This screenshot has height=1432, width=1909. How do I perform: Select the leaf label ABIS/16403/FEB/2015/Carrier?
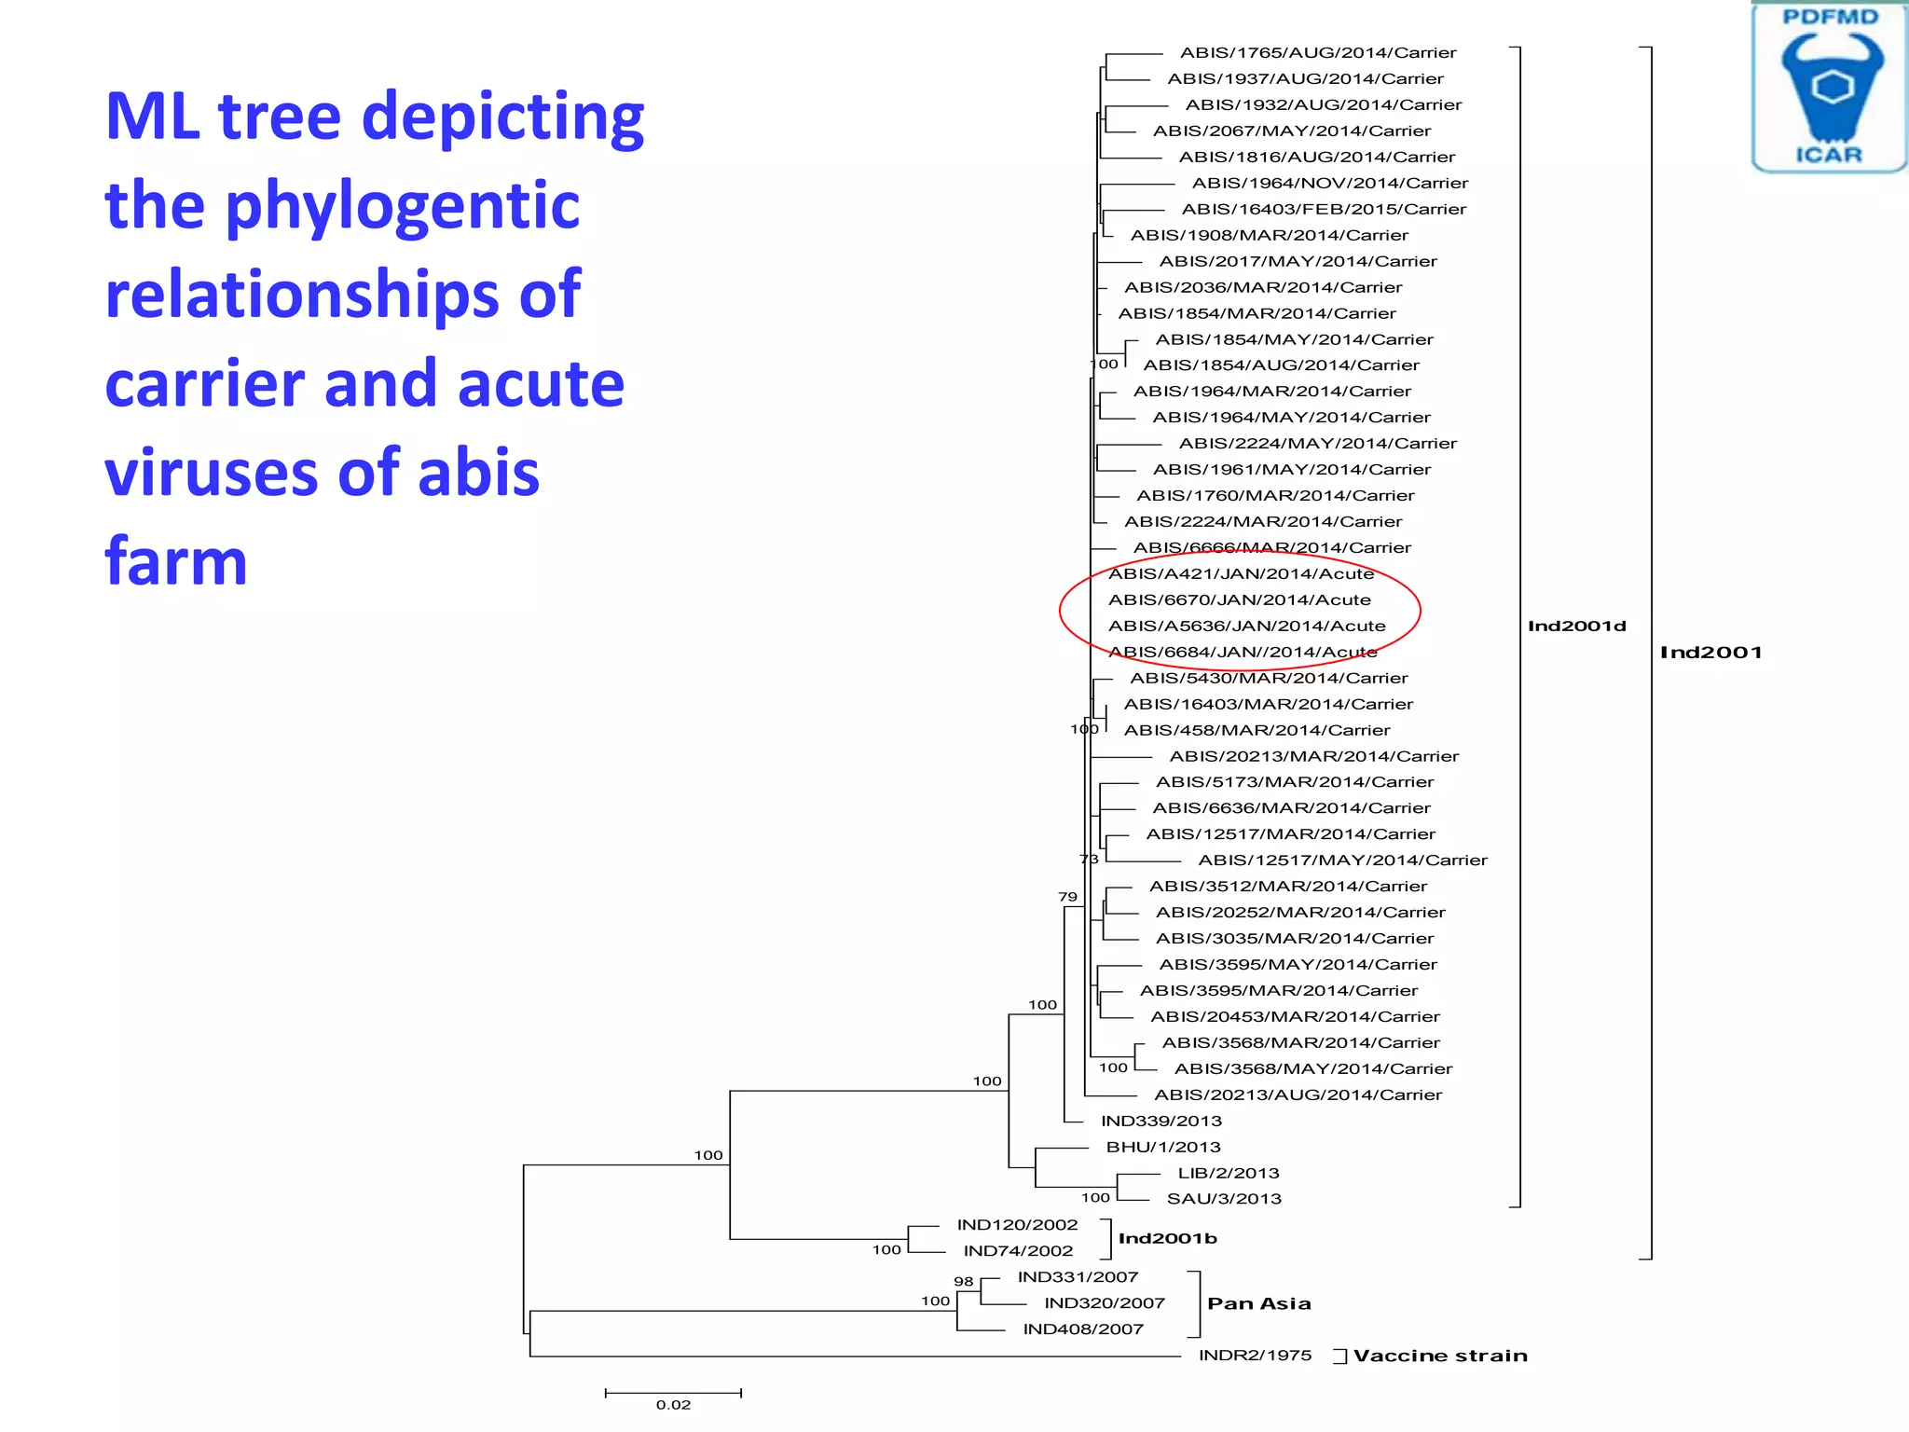pyautogui.click(x=1324, y=210)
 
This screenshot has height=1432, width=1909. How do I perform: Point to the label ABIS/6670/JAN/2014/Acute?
pyautogui.click(x=1239, y=600)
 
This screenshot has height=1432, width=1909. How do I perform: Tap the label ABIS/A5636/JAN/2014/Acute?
pyautogui.click(x=1246, y=626)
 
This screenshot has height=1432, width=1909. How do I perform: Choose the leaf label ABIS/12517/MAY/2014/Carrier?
pyautogui.click(x=1342, y=861)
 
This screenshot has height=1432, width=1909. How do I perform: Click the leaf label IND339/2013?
pyautogui.click(x=1161, y=1122)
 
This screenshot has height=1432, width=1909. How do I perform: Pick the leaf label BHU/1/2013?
pyautogui.click(x=1162, y=1148)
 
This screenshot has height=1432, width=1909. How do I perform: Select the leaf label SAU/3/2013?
pyautogui.click(x=1224, y=1200)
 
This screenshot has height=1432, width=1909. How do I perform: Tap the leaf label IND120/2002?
pyautogui.click(x=1017, y=1225)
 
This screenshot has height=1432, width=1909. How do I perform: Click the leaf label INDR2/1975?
pyautogui.click(x=1255, y=1356)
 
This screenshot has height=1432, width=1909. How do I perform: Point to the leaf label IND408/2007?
pyautogui.click(x=1083, y=1329)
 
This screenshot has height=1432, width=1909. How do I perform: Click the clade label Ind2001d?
pyautogui.click(x=1576, y=626)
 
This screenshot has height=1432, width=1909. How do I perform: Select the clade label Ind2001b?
pyautogui.click(x=1167, y=1239)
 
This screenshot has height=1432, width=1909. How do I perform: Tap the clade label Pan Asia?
pyautogui.click(x=1258, y=1304)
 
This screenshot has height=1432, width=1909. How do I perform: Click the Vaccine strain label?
pyautogui.click(x=1440, y=1356)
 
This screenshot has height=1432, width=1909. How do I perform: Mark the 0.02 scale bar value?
pyautogui.click(x=673, y=1405)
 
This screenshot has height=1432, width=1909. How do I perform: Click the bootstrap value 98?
pyautogui.click(x=964, y=1282)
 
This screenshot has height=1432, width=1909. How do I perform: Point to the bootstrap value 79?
pyautogui.click(x=1067, y=897)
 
